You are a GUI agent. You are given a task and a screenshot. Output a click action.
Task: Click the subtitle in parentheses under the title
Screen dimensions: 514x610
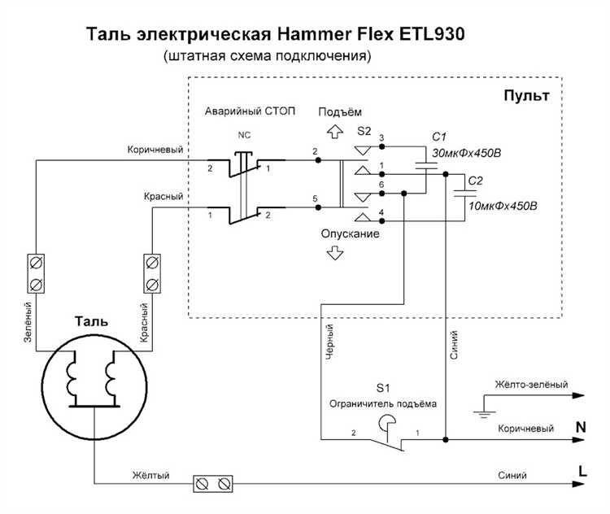(268, 57)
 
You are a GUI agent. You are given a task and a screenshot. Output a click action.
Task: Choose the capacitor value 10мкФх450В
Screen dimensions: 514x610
(502, 206)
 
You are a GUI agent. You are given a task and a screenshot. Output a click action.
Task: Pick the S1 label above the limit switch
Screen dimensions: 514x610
(383, 387)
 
